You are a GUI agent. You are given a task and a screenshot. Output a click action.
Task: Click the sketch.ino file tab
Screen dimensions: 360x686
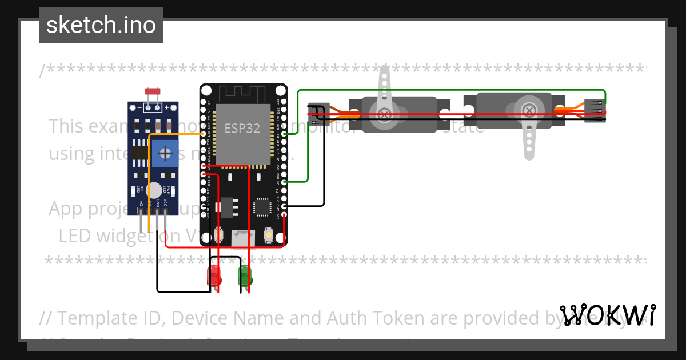point(101,25)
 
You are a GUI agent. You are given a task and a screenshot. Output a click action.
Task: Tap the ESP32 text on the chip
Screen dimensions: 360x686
point(242,128)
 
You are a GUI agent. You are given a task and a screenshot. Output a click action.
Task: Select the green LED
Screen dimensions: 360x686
point(245,275)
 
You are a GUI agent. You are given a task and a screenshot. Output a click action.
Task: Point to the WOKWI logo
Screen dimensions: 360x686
point(607,315)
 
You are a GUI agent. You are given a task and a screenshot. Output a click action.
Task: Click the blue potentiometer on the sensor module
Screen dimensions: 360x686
point(165,154)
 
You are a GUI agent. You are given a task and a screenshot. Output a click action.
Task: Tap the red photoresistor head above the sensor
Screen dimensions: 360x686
point(153,91)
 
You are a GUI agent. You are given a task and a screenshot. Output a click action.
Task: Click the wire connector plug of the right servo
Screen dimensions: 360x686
point(595,110)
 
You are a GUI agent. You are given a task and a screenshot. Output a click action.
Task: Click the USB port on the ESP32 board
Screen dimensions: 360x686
point(244,238)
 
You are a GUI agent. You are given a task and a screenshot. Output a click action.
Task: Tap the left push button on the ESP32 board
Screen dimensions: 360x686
point(218,234)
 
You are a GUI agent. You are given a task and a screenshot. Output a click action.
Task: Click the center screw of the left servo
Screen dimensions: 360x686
point(386,114)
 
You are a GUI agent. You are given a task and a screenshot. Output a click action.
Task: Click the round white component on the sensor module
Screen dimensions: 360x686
point(153,190)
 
